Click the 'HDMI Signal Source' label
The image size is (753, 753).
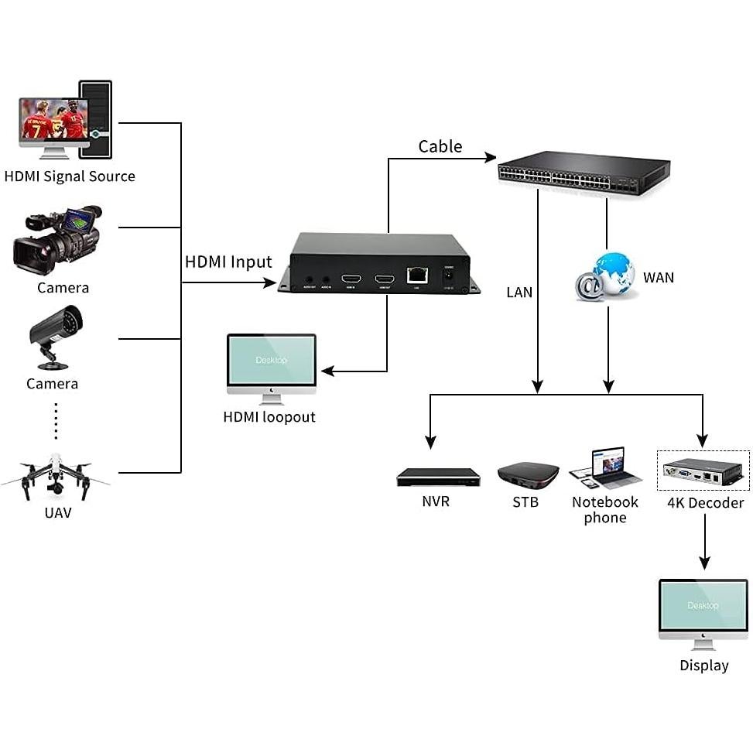click(70, 176)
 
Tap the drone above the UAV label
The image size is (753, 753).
click(55, 476)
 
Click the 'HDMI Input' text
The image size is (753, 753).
click(228, 262)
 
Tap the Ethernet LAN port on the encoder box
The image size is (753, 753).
click(416, 275)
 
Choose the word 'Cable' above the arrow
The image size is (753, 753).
click(440, 146)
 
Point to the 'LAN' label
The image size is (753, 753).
click(519, 293)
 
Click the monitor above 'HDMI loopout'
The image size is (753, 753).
click(271, 366)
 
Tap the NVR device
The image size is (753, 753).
click(438, 477)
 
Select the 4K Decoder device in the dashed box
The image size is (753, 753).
click(703, 471)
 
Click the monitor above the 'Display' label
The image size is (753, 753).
click(703, 612)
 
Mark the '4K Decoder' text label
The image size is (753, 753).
click(705, 503)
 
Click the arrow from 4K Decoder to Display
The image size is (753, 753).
click(703, 542)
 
